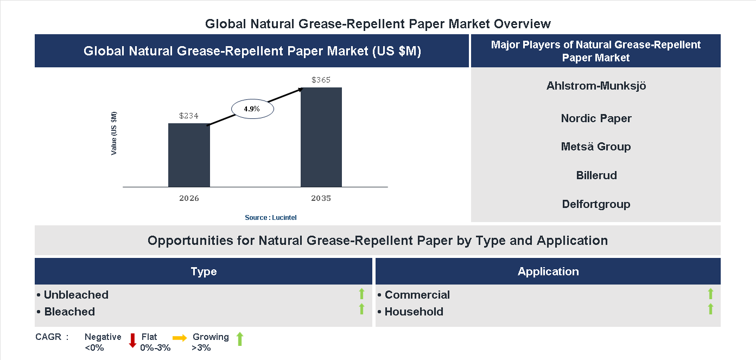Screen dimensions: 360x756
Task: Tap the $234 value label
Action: click(x=189, y=116)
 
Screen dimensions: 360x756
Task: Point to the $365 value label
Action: click(x=321, y=80)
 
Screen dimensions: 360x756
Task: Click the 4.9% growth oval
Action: click(x=252, y=109)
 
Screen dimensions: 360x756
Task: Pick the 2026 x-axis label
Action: click(x=189, y=198)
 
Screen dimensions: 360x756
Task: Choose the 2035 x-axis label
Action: click(x=321, y=198)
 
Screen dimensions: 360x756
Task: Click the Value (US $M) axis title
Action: click(x=114, y=133)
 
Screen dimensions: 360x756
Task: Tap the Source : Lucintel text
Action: click(x=270, y=217)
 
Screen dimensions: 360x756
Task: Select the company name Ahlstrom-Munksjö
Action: click(x=596, y=86)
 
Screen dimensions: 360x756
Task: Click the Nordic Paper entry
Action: click(x=596, y=118)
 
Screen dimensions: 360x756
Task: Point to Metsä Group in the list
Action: click(x=596, y=147)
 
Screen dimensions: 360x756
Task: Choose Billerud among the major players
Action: click(x=596, y=175)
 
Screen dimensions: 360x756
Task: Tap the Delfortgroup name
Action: click(x=596, y=204)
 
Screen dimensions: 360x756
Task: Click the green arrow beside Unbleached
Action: click(x=361, y=294)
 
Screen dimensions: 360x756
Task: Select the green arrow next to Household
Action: click(x=710, y=310)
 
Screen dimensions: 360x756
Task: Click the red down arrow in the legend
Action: click(x=132, y=340)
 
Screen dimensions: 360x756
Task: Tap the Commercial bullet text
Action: click(x=417, y=295)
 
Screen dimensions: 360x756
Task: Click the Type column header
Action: click(x=204, y=271)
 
